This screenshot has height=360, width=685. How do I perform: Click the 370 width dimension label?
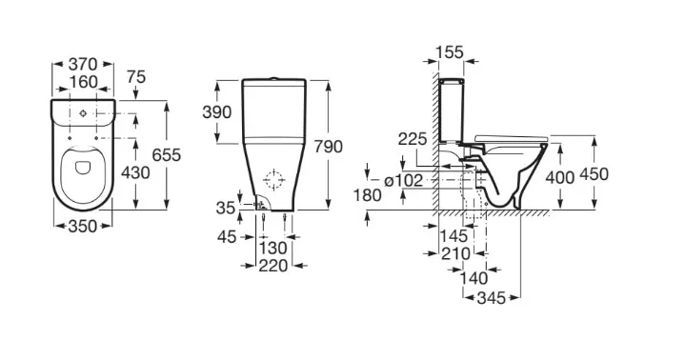pos(83,65)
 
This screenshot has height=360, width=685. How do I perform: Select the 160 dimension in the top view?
pos(83,82)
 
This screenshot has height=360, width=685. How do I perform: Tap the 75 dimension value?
pos(136,77)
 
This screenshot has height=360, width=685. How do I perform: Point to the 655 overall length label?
pos(167,155)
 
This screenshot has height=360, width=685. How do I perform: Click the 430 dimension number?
pos(135,173)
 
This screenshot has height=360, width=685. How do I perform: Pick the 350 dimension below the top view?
pos(83,227)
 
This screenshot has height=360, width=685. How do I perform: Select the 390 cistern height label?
pos(216,112)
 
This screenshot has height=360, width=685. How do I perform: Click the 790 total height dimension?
pos(328,147)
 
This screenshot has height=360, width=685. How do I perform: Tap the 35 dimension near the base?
pos(226,208)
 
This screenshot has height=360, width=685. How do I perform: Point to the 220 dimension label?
pos(273,266)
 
